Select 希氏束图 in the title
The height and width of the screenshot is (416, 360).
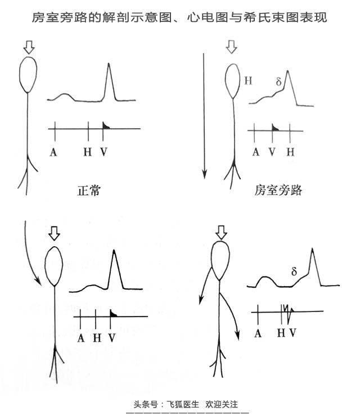click(271, 17)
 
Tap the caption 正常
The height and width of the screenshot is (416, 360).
click(89, 190)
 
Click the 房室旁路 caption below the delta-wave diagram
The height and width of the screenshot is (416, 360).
click(278, 190)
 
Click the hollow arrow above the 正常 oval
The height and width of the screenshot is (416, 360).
click(29, 47)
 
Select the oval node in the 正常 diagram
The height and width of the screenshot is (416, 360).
click(28, 75)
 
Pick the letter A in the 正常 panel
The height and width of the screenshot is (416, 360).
click(53, 152)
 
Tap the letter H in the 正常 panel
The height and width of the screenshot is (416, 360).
click(87, 152)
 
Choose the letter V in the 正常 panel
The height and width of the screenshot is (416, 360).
click(104, 152)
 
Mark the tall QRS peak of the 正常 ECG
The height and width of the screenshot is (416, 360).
click(109, 63)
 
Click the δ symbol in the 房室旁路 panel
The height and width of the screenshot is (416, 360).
click(278, 82)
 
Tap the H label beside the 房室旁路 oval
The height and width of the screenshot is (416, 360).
click(248, 80)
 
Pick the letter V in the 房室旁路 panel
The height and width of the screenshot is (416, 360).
click(272, 152)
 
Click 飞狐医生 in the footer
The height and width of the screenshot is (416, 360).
click(183, 404)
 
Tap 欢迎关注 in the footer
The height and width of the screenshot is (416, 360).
click(222, 404)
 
